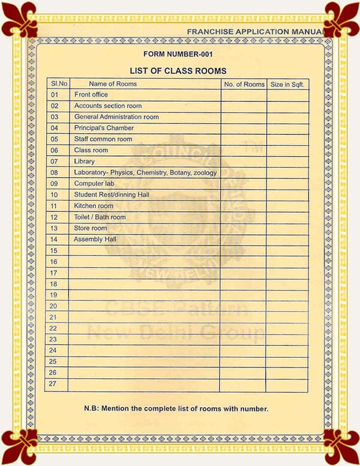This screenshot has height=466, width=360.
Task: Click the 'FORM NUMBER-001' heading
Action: click(x=178, y=55)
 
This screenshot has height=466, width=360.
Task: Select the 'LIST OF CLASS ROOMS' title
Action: click(x=178, y=71)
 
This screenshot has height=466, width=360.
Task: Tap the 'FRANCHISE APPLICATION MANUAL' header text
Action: click(x=256, y=31)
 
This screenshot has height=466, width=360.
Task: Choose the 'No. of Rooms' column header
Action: click(x=244, y=85)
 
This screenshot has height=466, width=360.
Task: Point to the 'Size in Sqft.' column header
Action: click(x=288, y=85)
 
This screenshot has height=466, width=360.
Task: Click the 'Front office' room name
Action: click(x=91, y=95)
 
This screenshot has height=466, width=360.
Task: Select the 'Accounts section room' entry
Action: click(x=108, y=106)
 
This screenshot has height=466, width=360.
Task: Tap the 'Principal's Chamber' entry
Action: click(x=104, y=128)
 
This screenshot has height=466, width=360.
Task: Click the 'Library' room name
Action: click(x=85, y=162)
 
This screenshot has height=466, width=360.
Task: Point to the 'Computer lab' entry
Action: click(x=94, y=183)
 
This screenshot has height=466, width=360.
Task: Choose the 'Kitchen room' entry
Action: click(x=94, y=206)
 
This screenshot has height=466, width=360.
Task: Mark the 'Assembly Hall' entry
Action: click(x=95, y=239)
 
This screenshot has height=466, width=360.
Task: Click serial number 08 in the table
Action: click(x=55, y=172)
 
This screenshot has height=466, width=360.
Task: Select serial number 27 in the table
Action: click(x=55, y=383)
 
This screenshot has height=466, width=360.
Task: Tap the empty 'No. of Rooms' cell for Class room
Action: click(x=244, y=150)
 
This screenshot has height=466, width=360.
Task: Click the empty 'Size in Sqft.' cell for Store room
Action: click(x=288, y=228)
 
